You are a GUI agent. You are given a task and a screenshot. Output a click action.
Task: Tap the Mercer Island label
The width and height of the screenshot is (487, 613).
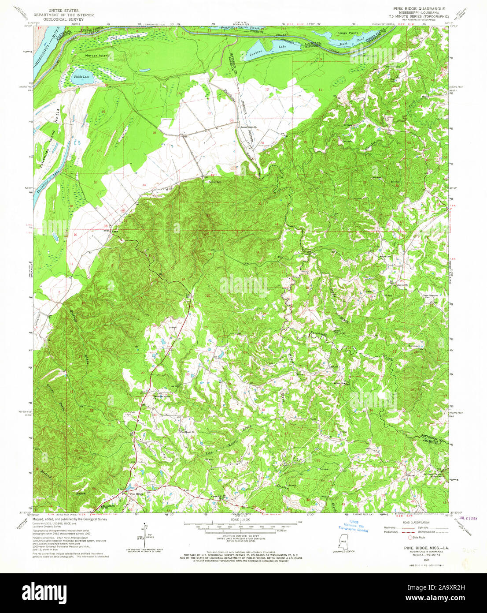point(97,56)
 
